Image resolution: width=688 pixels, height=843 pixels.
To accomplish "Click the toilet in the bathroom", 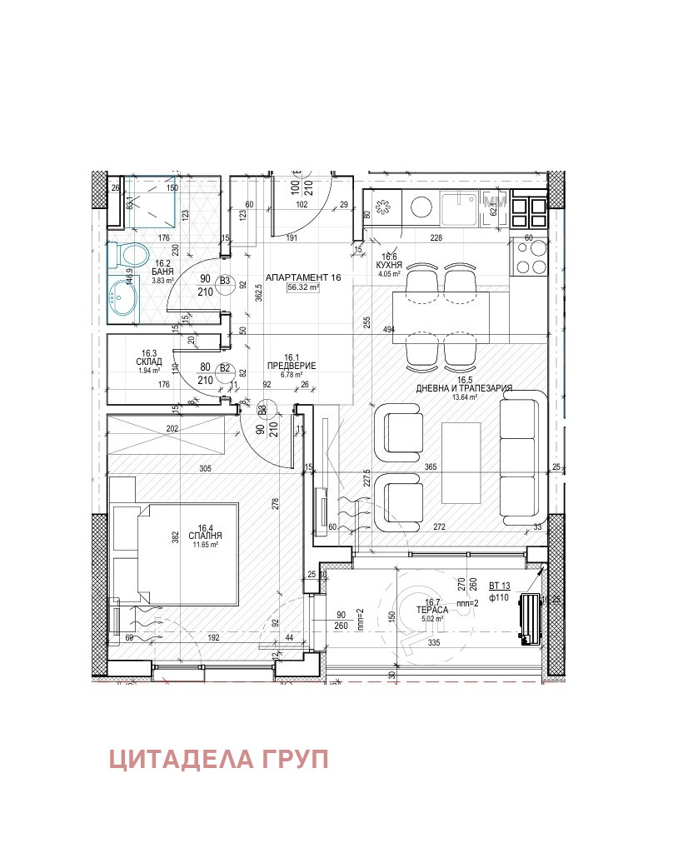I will click(129, 254).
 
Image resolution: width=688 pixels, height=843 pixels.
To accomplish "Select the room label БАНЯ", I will click(162, 272).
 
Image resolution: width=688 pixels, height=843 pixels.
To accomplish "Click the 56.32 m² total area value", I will click(304, 287).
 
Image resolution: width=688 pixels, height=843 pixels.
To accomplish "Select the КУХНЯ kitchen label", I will click(390, 265).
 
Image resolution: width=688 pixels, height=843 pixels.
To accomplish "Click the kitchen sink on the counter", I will click(459, 209).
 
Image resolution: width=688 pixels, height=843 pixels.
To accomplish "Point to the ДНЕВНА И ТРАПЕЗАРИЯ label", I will click(464, 388).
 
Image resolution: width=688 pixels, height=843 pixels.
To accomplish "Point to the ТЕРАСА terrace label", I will click(433, 610).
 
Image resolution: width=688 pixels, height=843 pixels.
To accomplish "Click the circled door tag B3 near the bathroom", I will click(224, 282).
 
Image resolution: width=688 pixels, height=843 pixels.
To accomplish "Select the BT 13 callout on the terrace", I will click(500, 586).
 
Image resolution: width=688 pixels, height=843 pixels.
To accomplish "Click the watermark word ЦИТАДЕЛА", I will click(172, 760).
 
